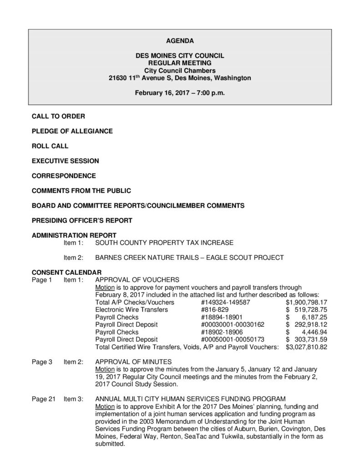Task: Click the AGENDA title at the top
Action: [x=180, y=41]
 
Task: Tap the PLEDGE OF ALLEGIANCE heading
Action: [x=72, y=131]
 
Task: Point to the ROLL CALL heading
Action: [x=50, y=146]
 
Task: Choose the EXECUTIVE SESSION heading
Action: [x=65, y=161]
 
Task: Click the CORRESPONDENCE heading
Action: [x=63, y=176]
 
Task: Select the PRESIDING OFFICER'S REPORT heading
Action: [x=82, y=220]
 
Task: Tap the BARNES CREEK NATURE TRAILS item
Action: [x=189, y=258]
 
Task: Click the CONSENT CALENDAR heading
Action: [x=66, y=272]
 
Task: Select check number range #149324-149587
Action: [x=225, y=302]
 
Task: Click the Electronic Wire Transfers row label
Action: [x=126, y=309]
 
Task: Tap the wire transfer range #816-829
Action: [x=213, y=309]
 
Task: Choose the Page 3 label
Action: [x=42, y=362]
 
